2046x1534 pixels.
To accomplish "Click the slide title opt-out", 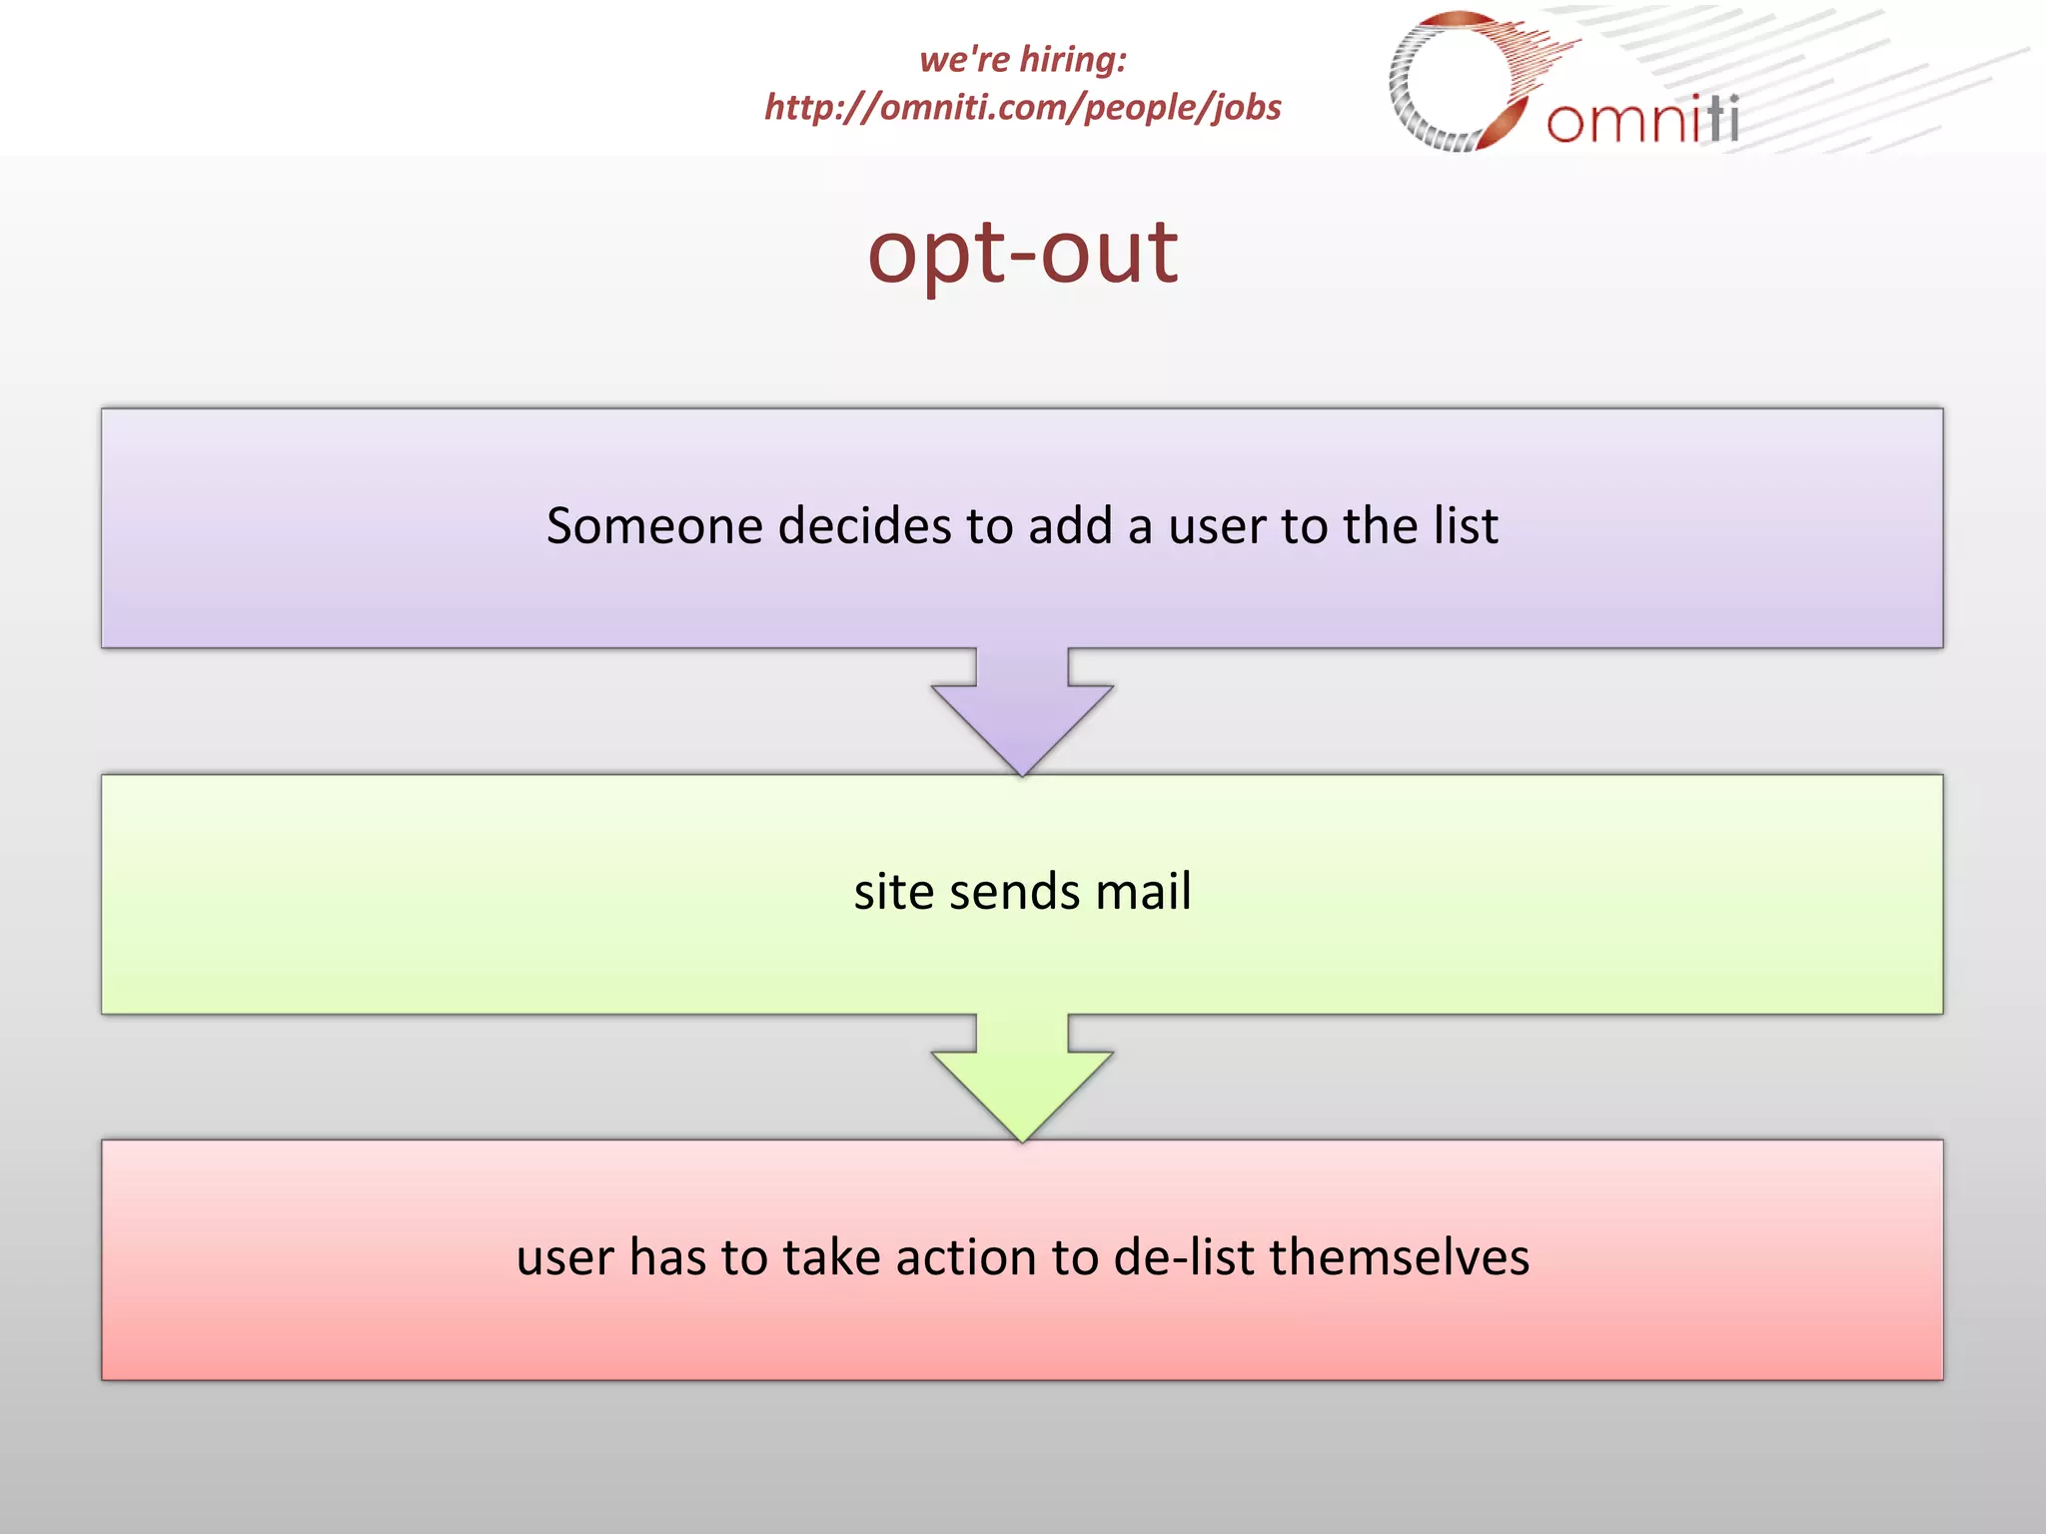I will click(1022, 253).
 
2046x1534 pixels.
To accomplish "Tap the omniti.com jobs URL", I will click(1022, 107).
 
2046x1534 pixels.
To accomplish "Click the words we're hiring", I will click(1022, 60).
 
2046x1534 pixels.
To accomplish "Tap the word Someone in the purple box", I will click(654, 526).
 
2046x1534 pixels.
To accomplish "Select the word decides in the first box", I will click(864, 526).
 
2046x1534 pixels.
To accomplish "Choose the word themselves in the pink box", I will click(1399, 1257).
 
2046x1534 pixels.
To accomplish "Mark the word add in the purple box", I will click(1071, 526).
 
